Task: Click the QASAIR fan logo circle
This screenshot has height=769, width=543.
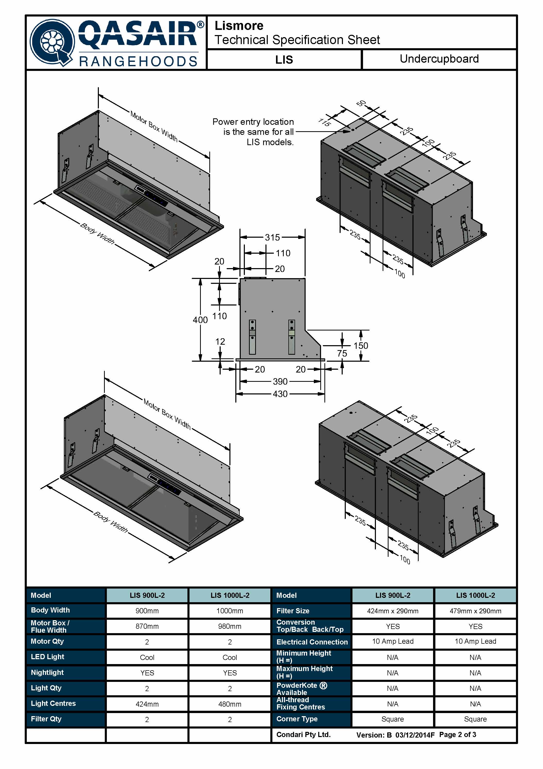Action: click(x=51, y=43)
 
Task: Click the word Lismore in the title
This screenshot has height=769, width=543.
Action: click(x=239, y=26)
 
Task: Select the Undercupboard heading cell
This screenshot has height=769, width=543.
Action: click(x=439, y=59)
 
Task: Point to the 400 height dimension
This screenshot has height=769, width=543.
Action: click(x=200, y=320)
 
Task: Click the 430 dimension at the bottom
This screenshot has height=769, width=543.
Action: click(x=280, y=394)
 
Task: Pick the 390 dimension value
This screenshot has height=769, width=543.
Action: click(x=280, y=381)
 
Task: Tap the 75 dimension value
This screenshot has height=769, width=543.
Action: click(x=342, y=353)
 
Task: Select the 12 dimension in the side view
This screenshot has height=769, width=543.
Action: click(x=220, y=342)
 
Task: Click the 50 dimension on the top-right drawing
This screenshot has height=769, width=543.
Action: click(x=361, y=103)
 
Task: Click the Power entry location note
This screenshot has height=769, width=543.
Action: click(x=253, y=132)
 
